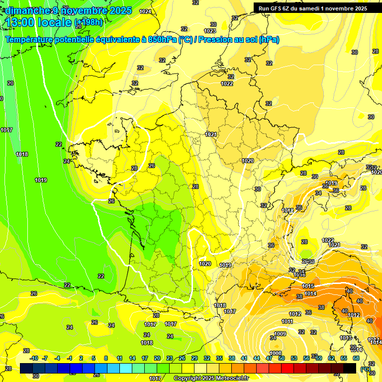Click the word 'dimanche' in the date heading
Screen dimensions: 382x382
pos(25,10)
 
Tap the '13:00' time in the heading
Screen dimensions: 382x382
pos(22,22)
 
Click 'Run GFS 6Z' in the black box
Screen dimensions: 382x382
pos(277,8)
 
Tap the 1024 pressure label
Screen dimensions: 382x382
pos(145,11)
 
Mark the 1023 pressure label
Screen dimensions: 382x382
pos(209,31)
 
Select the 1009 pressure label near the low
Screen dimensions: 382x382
pos(280,334)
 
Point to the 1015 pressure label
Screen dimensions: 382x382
pos(308,286)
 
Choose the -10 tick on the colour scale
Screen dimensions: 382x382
pos(34,358)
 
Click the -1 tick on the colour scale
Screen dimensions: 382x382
pos(70,358)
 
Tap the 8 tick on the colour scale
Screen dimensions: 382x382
pos(106,358)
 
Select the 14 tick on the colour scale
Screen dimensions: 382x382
pos(132,358)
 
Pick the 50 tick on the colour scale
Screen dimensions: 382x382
pos(281,358)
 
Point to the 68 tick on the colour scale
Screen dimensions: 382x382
pos(356,358)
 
